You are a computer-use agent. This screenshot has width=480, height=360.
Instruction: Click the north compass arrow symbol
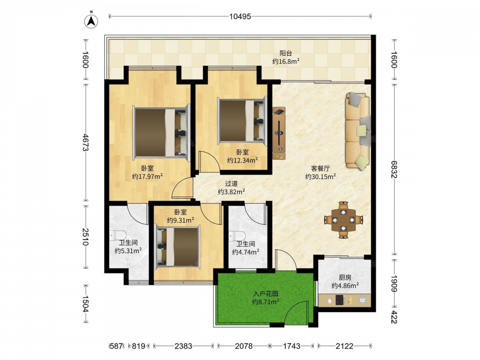point(91,20)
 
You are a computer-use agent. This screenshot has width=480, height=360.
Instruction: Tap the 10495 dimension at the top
point(240,16)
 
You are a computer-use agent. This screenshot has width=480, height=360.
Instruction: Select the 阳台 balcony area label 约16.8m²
point(286,61)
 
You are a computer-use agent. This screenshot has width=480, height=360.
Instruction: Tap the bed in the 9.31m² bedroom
point(178,246)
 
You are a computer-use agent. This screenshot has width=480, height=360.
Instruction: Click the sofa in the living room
point(358,131)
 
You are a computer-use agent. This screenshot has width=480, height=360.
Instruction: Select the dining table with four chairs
point(344,219)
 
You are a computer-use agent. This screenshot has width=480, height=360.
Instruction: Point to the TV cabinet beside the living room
point(279,133)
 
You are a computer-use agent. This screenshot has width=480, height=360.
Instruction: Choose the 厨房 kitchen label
point(345,277)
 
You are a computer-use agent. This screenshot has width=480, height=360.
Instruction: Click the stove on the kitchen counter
point(340,300)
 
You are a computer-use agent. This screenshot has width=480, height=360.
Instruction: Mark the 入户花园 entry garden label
point(266,294)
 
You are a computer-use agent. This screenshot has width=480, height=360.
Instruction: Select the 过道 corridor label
point(231,184)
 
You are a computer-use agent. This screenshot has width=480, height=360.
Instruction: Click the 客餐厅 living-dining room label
point(321,168)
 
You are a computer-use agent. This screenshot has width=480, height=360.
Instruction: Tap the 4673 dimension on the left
point(85,143)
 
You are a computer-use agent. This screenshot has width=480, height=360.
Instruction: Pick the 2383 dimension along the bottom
point(183,346)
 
